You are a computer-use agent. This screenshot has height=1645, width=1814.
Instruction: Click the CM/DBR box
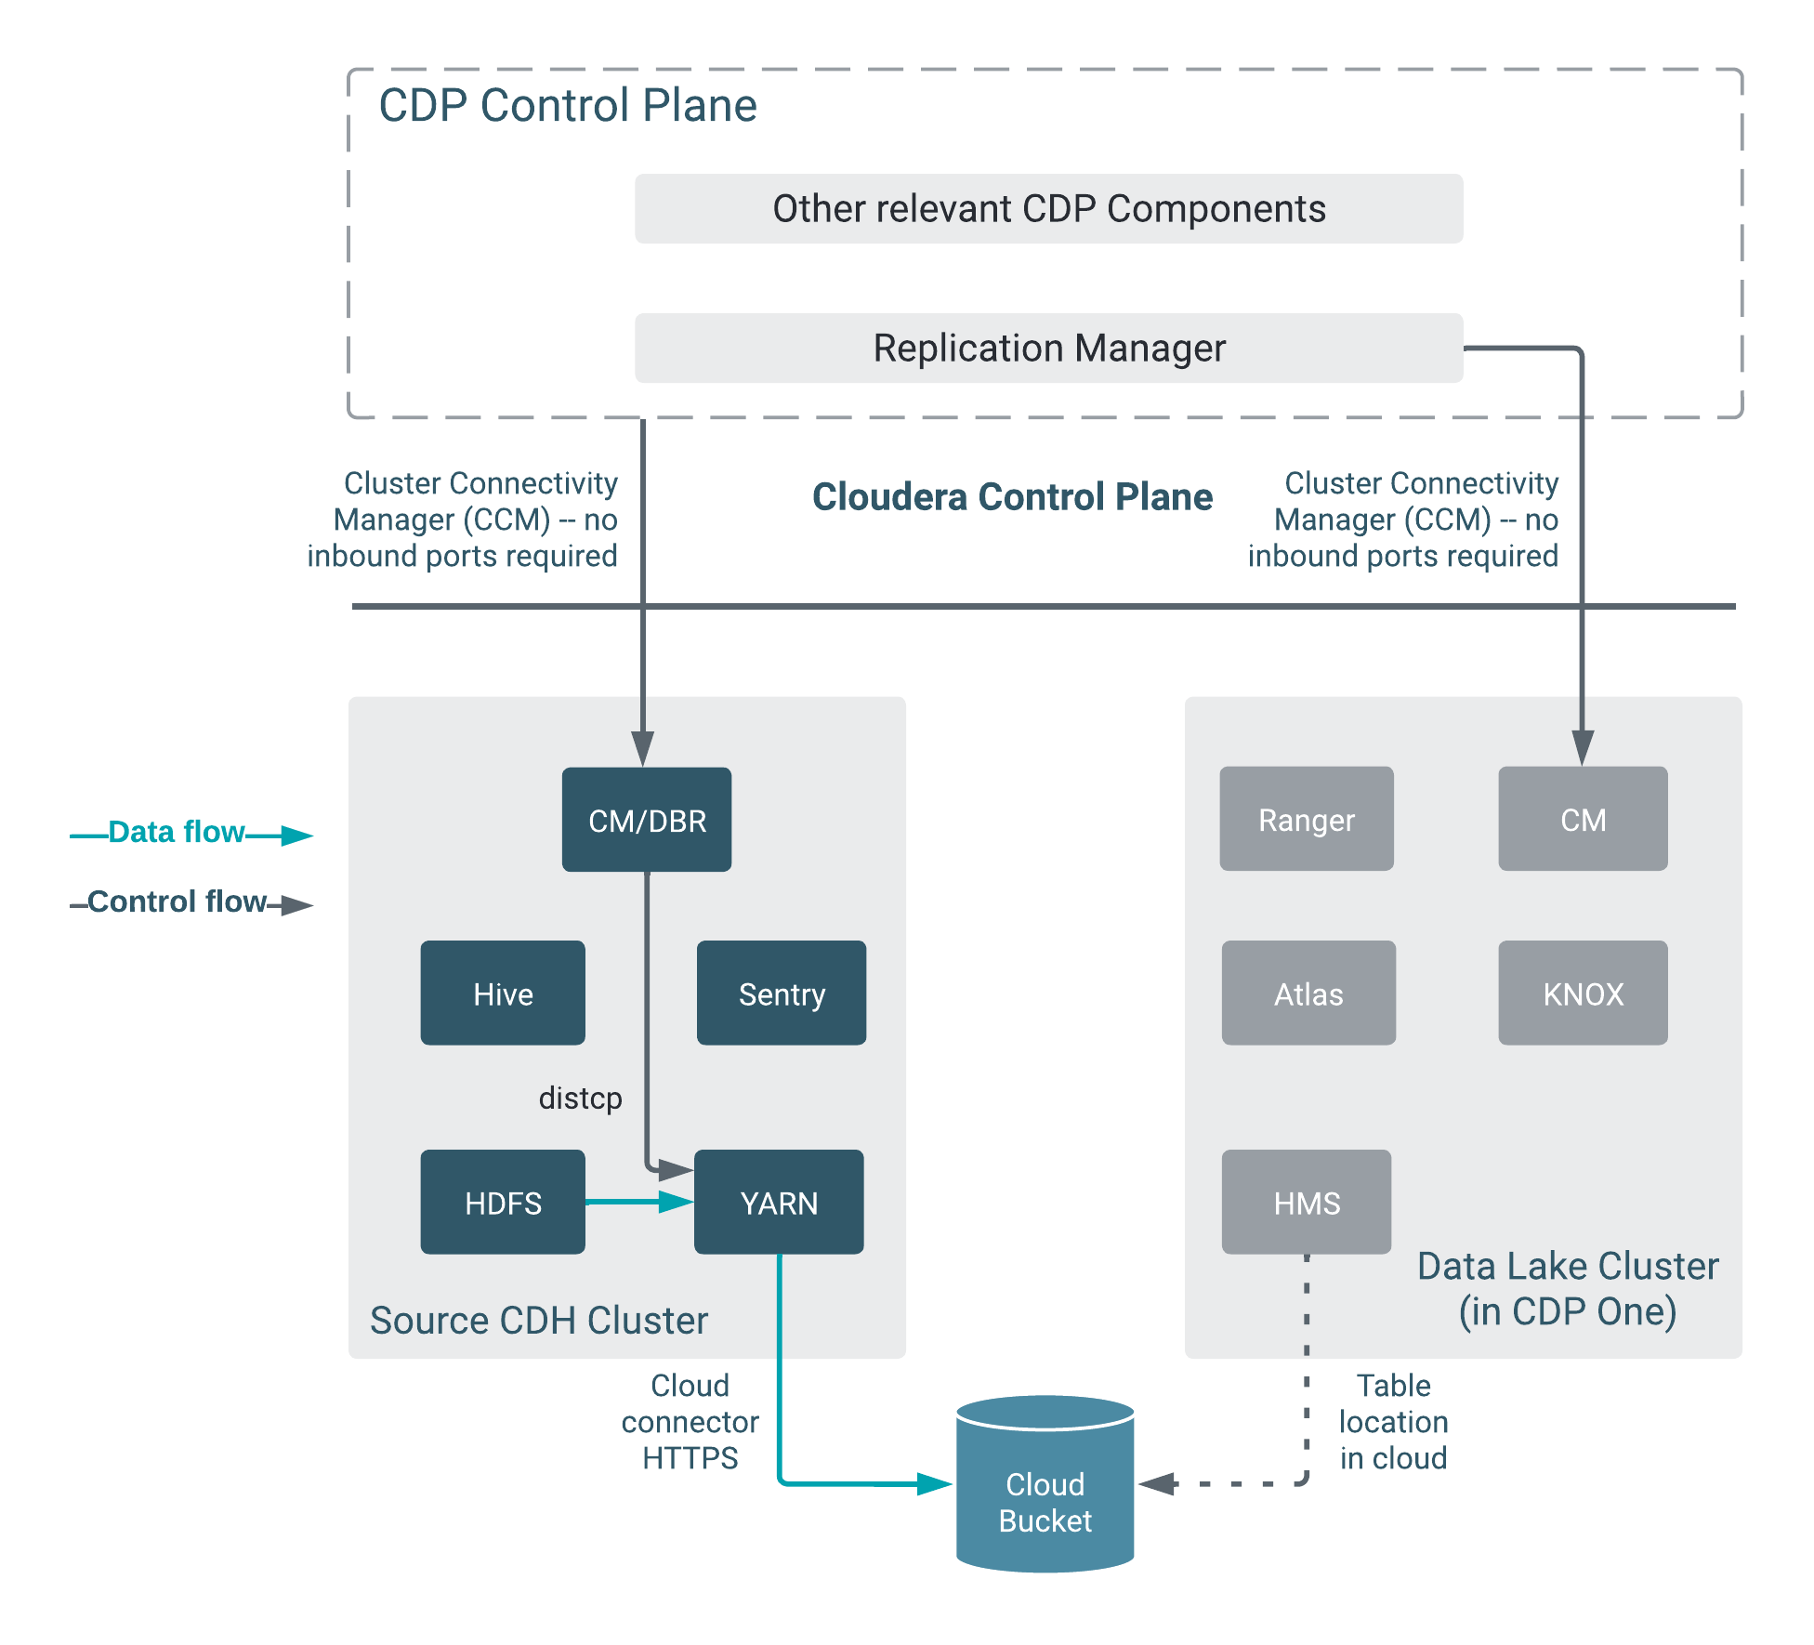click(647, 820)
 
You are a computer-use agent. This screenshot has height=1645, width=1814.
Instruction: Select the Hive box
click(503, 994)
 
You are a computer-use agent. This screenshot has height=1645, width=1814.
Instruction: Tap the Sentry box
click(781, 994)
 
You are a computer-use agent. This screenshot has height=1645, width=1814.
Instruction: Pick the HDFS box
click(503, 1203)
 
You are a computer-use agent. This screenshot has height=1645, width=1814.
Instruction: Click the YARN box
click(779, 1203)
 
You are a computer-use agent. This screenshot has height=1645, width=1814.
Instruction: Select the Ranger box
click(1307, 820)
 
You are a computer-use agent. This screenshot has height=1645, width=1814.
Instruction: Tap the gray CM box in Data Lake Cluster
click(1583, 820)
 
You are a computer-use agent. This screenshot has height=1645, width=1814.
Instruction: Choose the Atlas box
click(1308, 994)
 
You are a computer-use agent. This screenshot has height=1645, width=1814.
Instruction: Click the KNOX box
click(1583, 994)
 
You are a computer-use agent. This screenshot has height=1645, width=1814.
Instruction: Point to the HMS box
click(1307, 1203)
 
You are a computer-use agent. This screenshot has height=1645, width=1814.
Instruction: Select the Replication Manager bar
click(1048, 349)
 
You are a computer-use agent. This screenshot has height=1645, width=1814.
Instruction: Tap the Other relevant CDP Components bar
click(1048, 209)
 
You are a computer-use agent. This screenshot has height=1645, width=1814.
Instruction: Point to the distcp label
click(580, 1098)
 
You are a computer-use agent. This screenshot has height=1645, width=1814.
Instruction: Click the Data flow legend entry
click(177, 832)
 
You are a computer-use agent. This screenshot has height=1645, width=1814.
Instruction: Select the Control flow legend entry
click(177, 901)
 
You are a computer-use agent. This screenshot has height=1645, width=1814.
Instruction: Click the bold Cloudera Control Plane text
click(1012, 497)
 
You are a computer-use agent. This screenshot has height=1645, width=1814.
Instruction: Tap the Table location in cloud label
click(1393, 1422)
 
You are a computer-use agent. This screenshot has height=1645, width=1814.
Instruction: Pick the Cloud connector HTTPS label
click(690, 1422)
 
